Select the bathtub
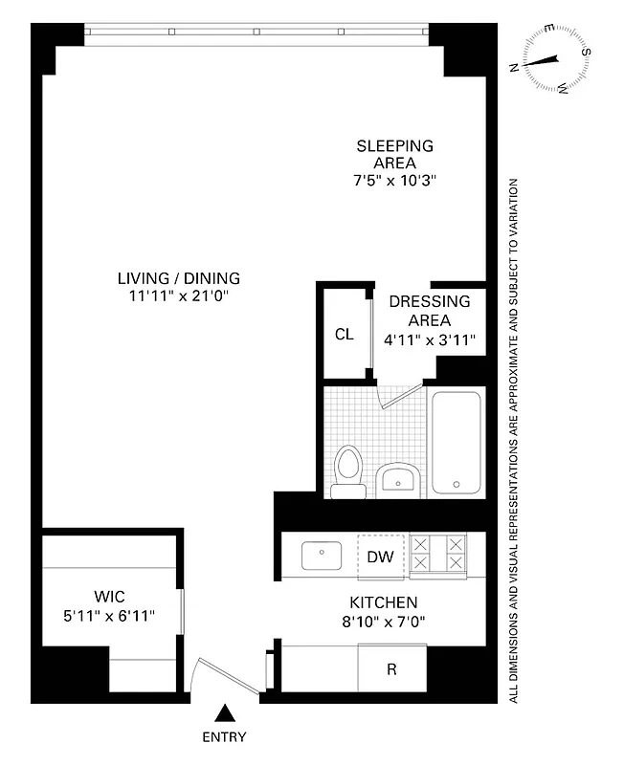coord(456,442)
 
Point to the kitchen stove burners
coord(437,556)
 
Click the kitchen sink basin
coord(321,555)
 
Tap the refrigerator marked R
coord(391,669)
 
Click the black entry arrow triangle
coord(225,713)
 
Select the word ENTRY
coord(225,737)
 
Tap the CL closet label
coord(344,335)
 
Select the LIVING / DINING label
coord(179,278)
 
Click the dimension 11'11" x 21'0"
coord(179,296)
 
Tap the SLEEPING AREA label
coord(394,154)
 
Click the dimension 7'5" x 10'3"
coord(394,180)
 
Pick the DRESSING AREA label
coord(429,311)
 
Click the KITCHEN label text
coord(383,602)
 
